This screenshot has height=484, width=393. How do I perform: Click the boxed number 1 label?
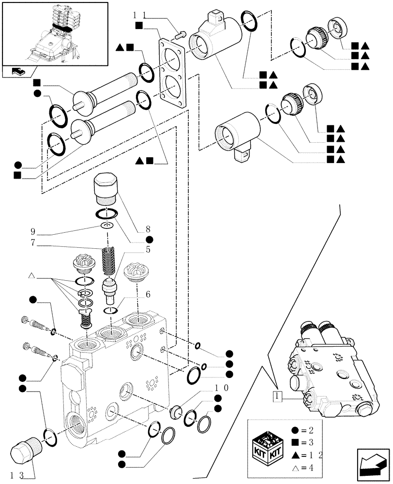pos(276,396)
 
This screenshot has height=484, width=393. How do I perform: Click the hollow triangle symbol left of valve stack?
pos(31,276)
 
